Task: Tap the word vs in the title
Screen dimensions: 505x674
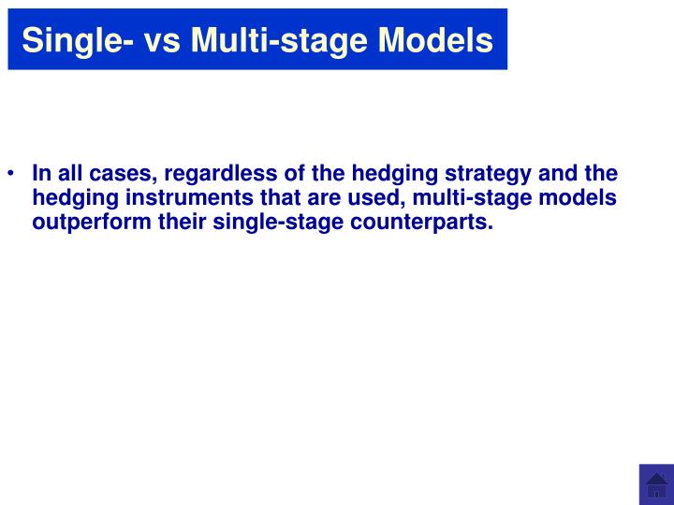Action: click(165, 39)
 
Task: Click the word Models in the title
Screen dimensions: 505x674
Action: click(436, 39)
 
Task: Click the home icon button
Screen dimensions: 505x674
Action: click(656, 485)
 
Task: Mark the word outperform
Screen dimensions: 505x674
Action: click(84, 223)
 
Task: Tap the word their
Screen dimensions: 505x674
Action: click(168, 223)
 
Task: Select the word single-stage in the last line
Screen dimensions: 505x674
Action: click(255, 223)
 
